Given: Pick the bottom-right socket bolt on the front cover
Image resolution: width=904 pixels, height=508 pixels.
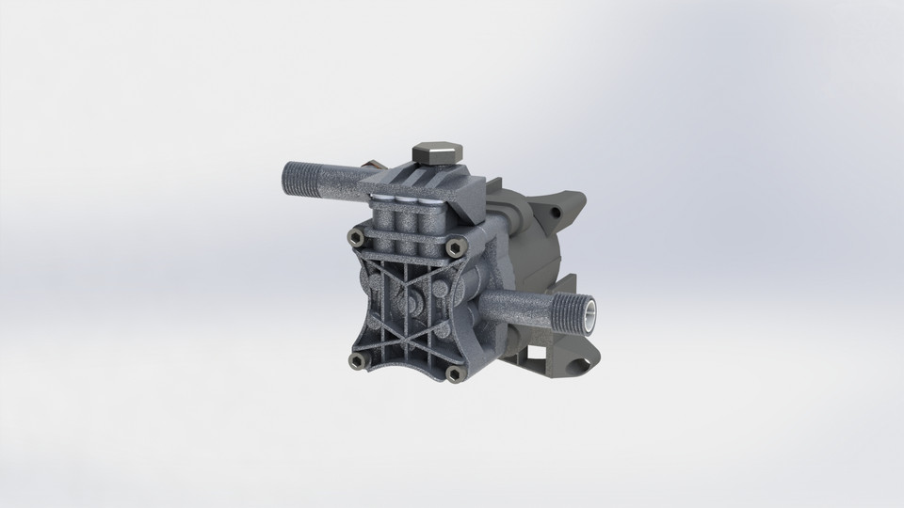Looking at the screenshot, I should [x=455, y=374].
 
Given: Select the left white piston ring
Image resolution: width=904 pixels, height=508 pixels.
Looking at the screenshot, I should [x=384, y=199].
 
